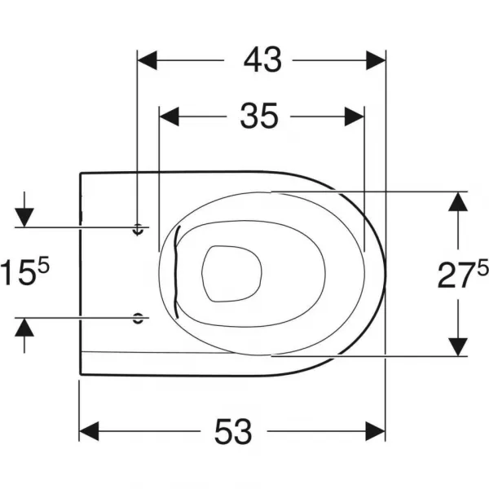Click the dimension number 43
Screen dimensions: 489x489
click(x=262, y=59)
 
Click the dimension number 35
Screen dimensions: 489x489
click(x=258, y=116)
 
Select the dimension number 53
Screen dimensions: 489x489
click(x=233, y=432)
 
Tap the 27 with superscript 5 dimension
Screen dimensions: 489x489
click(x=463, y=274)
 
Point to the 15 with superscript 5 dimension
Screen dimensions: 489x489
click(x=25, y=271)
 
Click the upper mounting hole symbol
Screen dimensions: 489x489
click(x=138, y=229)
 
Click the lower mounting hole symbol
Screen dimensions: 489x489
click(x=138, y=318)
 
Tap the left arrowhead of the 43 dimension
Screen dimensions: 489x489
click(x=147, y=59)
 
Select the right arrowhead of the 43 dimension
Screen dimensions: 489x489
click(x=376, y=59)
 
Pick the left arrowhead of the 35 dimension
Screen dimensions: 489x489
click(x=169, y=117)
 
